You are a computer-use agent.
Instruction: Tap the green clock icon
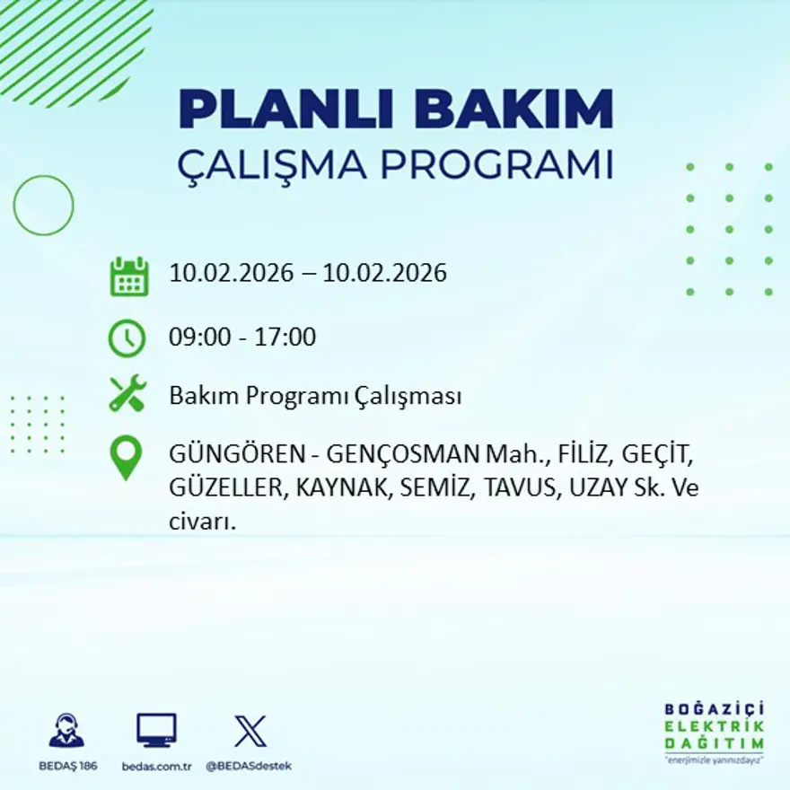127,338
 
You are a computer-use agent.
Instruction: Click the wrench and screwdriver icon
127,394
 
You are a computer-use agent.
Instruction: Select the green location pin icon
126,457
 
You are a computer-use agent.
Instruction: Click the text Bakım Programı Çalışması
315,396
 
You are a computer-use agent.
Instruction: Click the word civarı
202,522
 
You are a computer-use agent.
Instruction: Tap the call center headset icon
66,731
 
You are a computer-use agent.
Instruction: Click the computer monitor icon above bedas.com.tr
156,730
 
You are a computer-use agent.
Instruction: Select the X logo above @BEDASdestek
250,730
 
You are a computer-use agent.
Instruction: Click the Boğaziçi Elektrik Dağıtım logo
715,731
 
